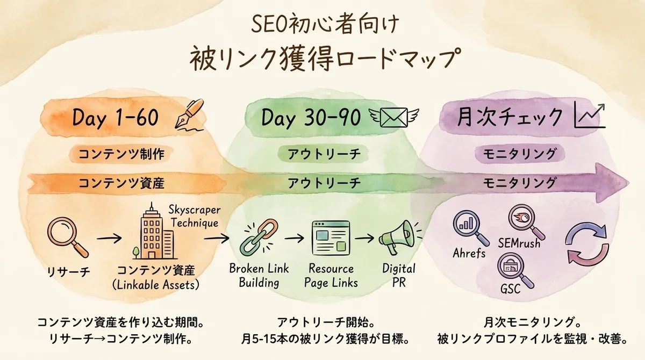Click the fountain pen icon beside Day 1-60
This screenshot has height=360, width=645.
point(189,115)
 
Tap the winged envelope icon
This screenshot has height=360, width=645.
point(394,118)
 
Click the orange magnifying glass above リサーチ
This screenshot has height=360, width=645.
point(67,237)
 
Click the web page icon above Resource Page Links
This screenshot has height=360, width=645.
point(331,238)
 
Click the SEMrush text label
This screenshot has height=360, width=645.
point(519,244)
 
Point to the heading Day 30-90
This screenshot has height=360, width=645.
point(311,118)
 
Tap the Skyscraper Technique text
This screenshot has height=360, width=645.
point(195,216)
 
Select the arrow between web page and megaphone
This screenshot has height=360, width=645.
point(364,238)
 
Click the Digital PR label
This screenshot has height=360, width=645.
point(399,276)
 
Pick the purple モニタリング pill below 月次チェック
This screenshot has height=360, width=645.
point(519,154)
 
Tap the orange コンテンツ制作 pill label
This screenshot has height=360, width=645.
point(121,154)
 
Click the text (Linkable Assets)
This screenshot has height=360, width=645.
point(155,285)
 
